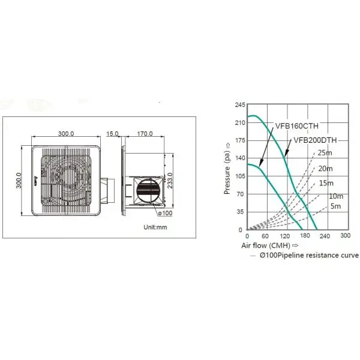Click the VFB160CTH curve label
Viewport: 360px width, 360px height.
297,126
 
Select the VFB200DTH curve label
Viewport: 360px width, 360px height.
315,140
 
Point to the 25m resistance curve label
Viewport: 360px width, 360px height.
325,152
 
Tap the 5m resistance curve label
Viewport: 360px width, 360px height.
335,206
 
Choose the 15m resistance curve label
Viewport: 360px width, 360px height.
326,183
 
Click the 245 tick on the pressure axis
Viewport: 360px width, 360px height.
240,104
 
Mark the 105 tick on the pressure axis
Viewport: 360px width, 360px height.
240,176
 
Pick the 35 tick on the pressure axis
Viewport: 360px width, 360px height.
241,212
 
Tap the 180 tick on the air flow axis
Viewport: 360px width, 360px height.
305,236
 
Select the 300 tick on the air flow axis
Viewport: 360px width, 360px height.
346,236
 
